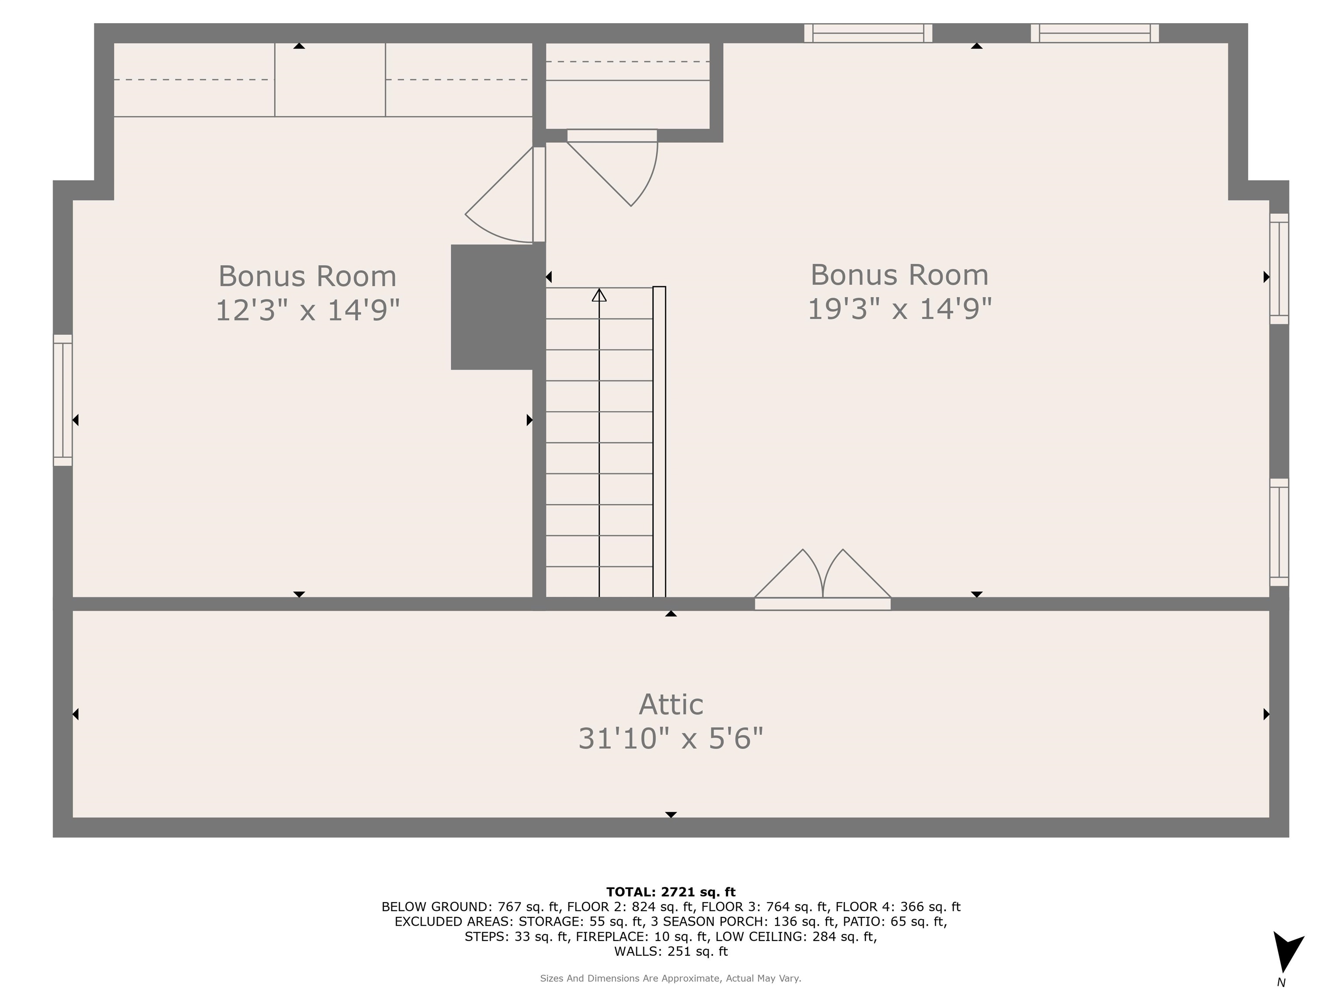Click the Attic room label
(671, 704)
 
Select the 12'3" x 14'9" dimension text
(308, 310)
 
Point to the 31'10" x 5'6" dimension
(671, 739)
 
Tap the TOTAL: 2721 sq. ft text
(671, 892)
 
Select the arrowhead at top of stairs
(599, 295)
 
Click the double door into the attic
(823, 579)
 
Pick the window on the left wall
(63, 400)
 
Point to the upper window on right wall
(1279, 269)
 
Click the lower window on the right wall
(1279, 532)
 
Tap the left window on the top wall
(868, 33)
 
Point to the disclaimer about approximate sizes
(671, 978)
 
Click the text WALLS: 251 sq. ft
(671, 951)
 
